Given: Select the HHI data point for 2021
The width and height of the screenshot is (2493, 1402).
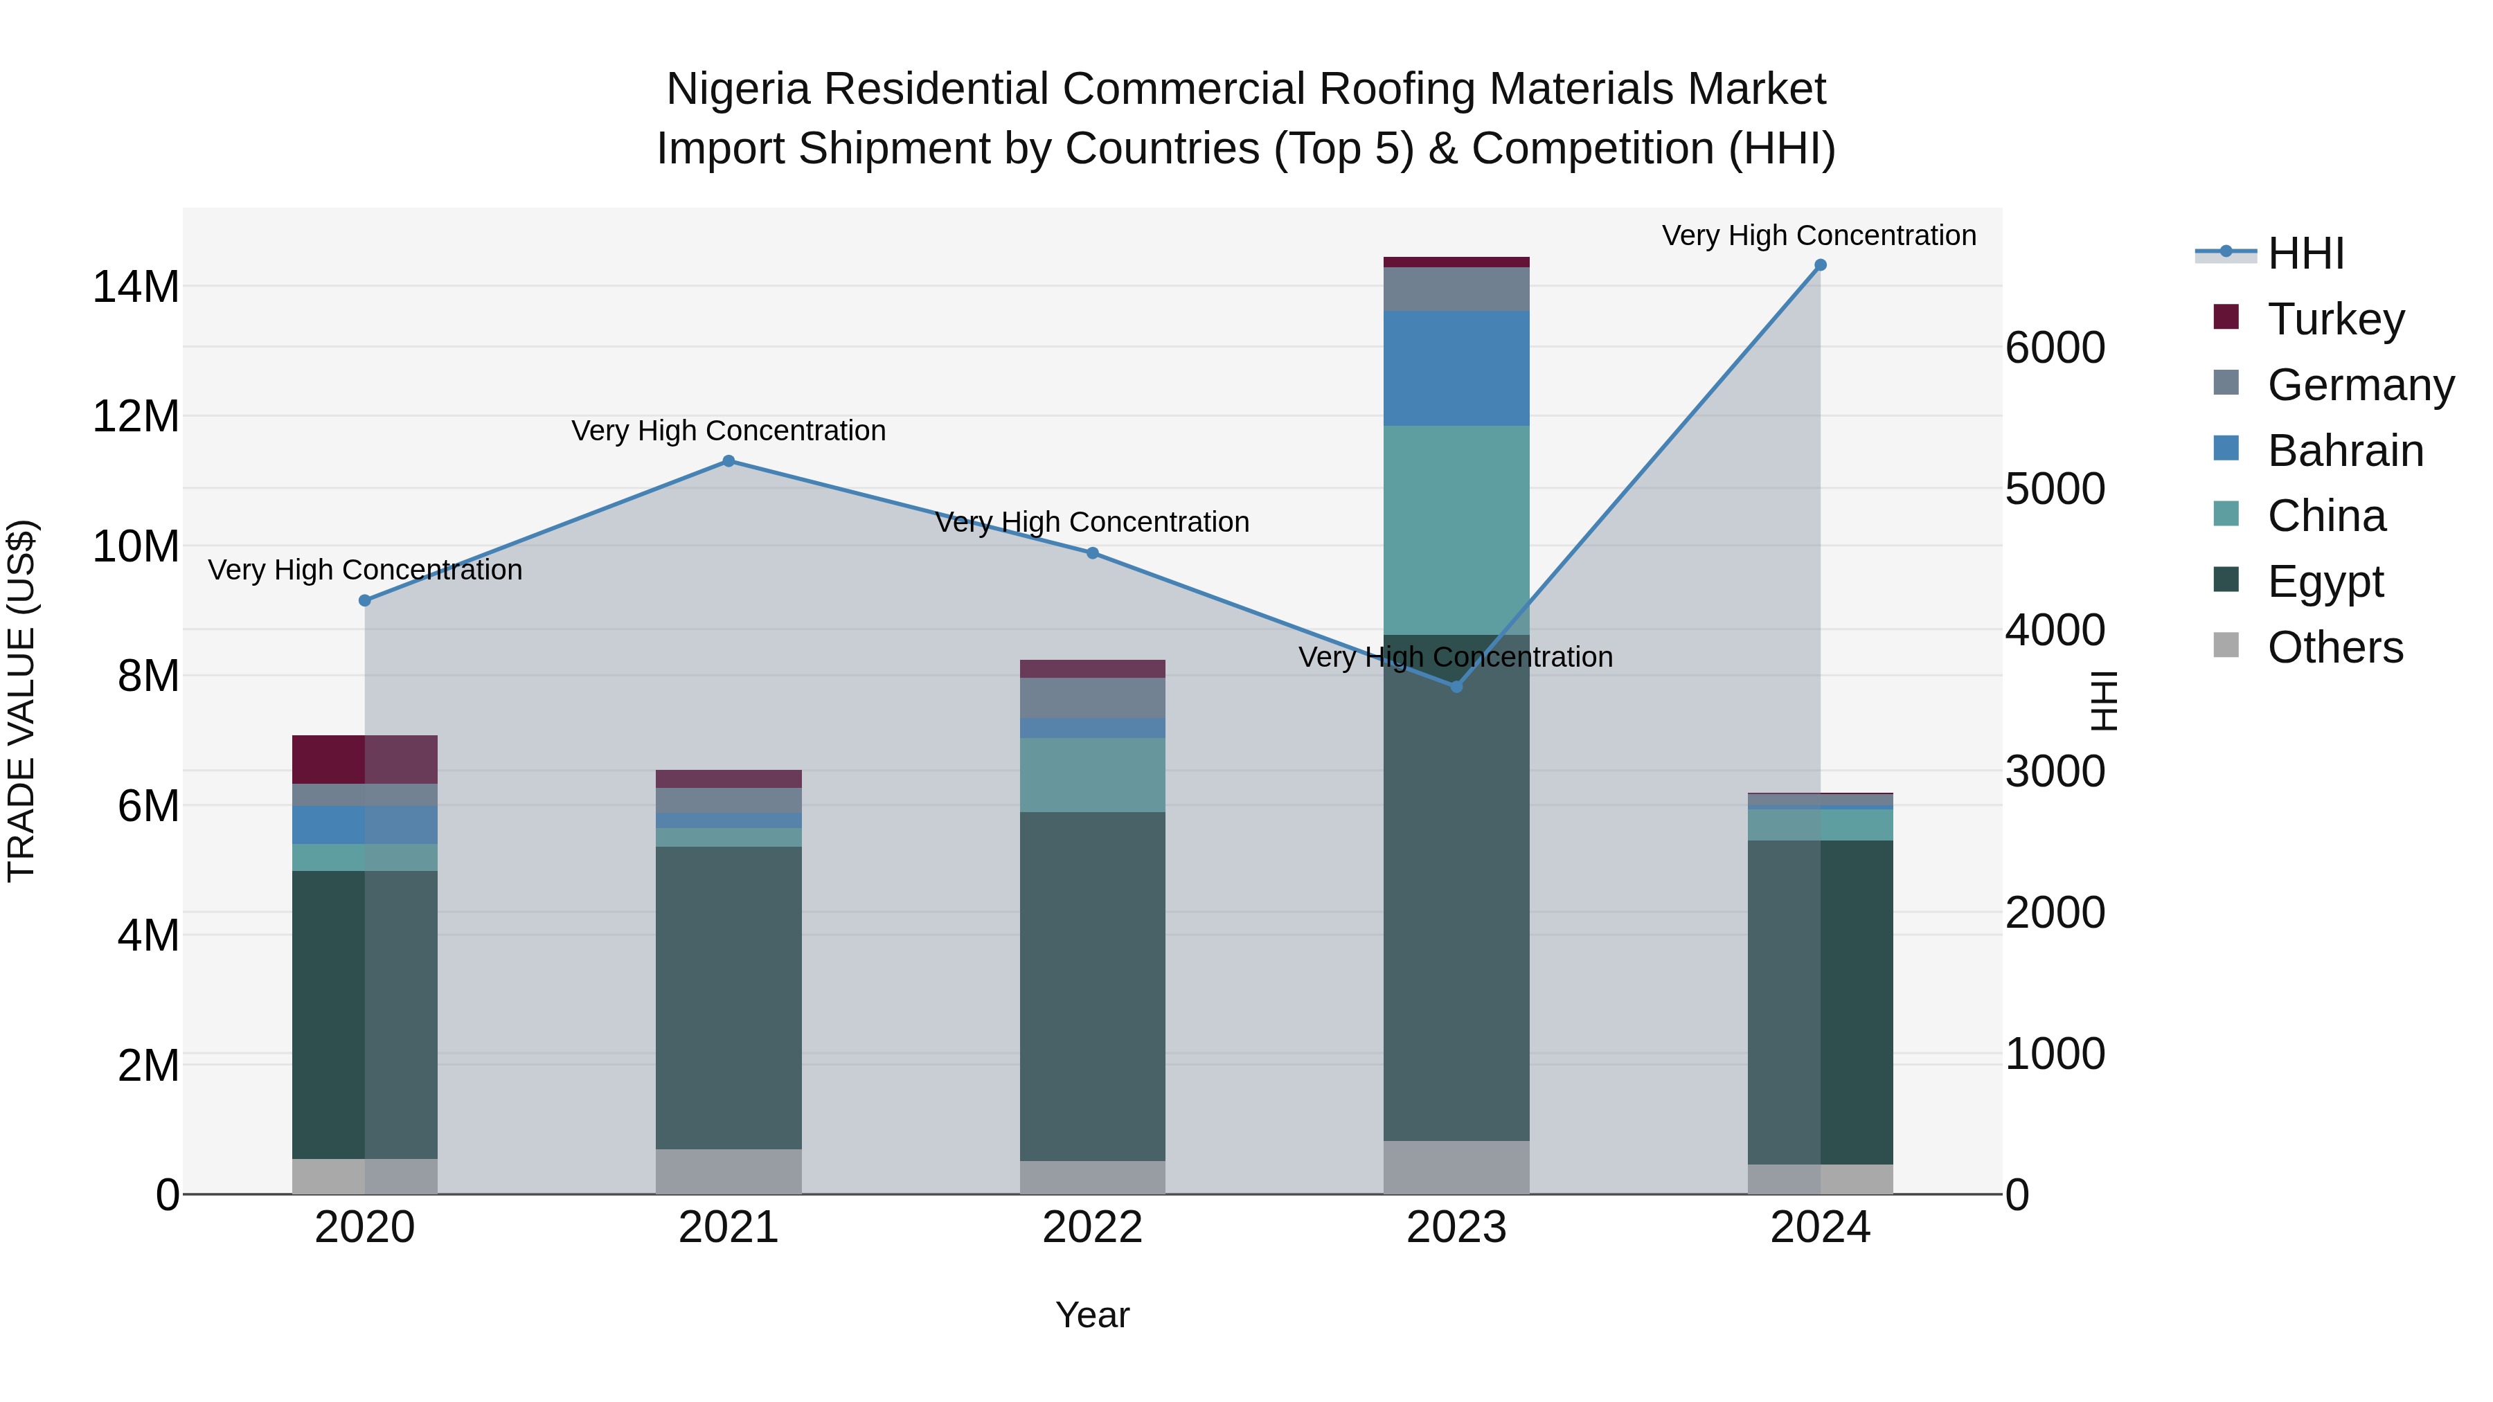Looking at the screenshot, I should (729, 462).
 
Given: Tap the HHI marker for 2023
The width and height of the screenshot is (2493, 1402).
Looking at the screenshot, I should (1456, 686).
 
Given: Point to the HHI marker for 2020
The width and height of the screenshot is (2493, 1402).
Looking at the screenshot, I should (365, 601).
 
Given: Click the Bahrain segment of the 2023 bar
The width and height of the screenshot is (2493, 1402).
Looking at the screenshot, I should (1456, 368).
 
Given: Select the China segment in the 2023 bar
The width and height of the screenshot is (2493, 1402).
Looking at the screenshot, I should (1456, 530).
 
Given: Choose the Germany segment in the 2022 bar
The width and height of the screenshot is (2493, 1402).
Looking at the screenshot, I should (1093, 698).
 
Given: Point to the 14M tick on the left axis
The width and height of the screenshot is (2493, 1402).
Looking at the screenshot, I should (136, 287).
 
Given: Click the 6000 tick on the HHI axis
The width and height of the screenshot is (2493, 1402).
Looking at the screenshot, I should (2055, 348).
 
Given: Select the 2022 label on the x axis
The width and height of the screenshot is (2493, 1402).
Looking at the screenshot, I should (1093, 1228).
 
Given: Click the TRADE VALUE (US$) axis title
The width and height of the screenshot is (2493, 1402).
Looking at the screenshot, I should (21, 701).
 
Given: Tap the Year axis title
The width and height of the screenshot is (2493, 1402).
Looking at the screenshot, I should (1093, 1315).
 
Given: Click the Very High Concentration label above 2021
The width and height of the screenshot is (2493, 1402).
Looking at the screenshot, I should (729, 431).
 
